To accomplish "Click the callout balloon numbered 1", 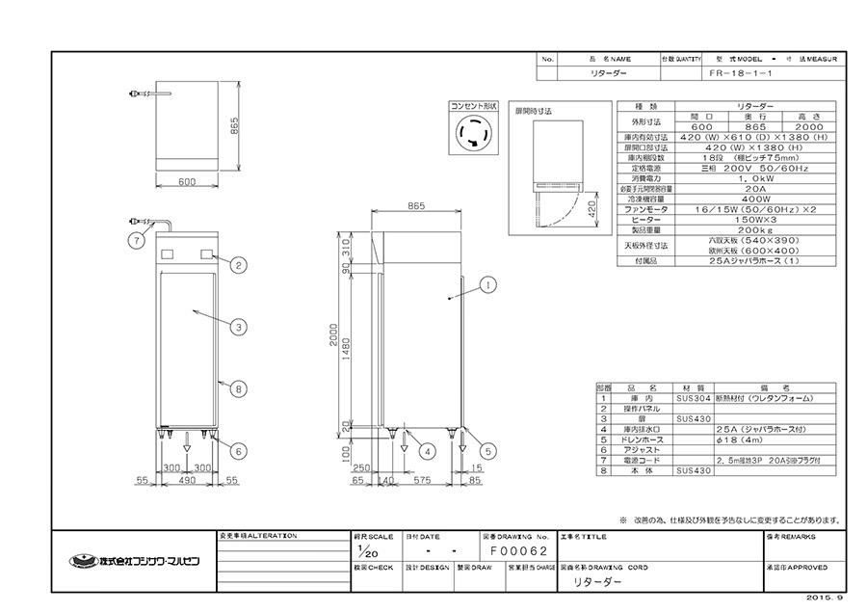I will (488, 284).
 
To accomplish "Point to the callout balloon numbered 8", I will (237, 388).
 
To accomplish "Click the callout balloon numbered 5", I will (488, 450).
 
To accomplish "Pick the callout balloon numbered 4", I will (427, 450).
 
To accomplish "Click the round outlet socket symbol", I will (475, 133).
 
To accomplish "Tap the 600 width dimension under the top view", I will (186, 181).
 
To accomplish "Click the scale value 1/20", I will (363, 552).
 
